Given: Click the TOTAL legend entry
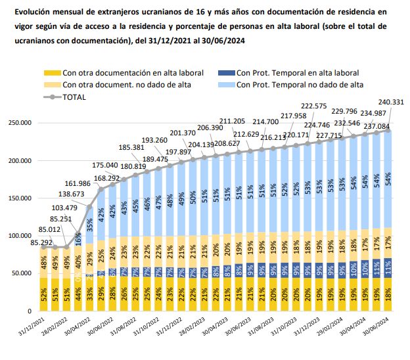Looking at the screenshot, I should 74,97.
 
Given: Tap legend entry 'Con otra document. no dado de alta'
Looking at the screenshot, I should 132,85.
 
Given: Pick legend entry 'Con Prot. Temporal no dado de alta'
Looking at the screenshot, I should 300,85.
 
